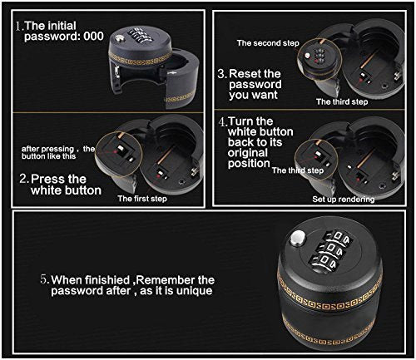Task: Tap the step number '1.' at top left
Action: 17,26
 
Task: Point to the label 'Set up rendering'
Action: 342,200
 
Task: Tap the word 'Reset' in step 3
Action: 248,73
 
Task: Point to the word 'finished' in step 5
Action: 111,279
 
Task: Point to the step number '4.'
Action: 222,121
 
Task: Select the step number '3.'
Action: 222,73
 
